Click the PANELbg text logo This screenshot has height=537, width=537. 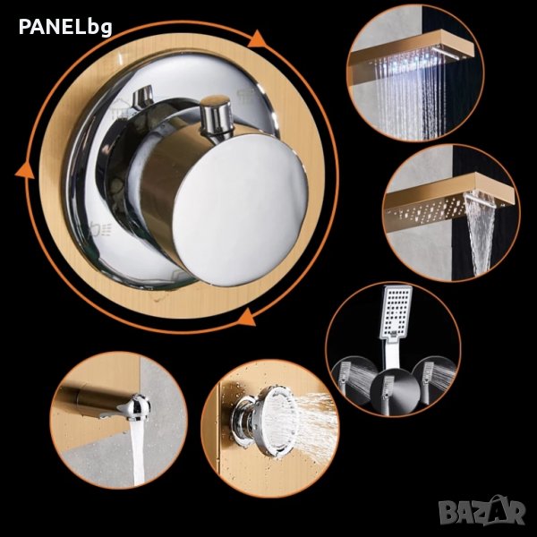65,27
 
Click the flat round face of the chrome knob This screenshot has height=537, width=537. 240,210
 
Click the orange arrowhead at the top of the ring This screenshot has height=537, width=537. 257,38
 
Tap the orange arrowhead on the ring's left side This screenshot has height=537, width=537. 25,170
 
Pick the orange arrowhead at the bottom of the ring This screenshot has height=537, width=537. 247,318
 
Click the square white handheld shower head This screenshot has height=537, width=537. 396,311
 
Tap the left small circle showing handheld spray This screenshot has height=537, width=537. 355,379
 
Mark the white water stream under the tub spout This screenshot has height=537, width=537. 136,452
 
